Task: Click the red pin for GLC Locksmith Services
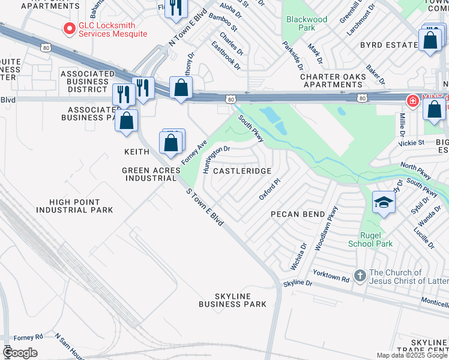[x=70, y=28]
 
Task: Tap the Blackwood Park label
[x=307, y=23]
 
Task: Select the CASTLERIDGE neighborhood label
[x=242, y=171]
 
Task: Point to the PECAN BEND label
[x=297, y=214]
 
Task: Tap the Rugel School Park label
[x=370, y=239]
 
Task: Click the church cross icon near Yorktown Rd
[x=360, y=276]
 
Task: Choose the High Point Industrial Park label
[x=74, y=206]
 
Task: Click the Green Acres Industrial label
[x=150, y=174]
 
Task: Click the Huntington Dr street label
[x=216, y=159]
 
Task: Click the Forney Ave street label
[x=194, y=154]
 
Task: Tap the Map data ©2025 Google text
[x=411, y=355]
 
